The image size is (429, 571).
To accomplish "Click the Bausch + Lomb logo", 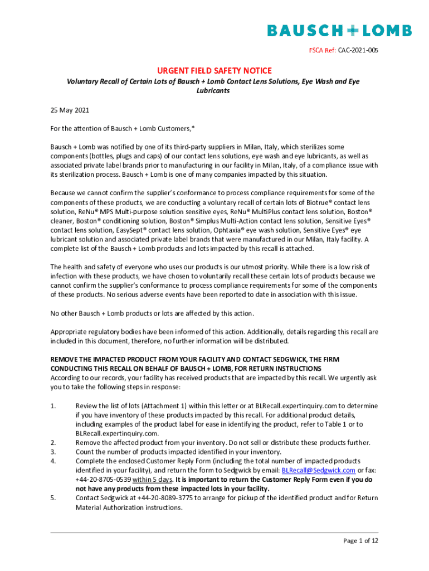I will pyautogui.click(x=339, y=30).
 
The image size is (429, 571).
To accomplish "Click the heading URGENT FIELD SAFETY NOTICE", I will pyautogui.click(x=214, y=70).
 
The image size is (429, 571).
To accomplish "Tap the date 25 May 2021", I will pyautogui.click(x=70, y=110).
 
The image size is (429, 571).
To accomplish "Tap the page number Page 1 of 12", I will pyautogui.click(x=360, y=541).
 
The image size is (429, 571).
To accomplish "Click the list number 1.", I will pyautogui.click(x=53, y=406).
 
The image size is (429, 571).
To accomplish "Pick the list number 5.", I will pyautogui.click(x=53, y=498).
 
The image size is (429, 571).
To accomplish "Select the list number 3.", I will pyautogui.click(x=53, y=452).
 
